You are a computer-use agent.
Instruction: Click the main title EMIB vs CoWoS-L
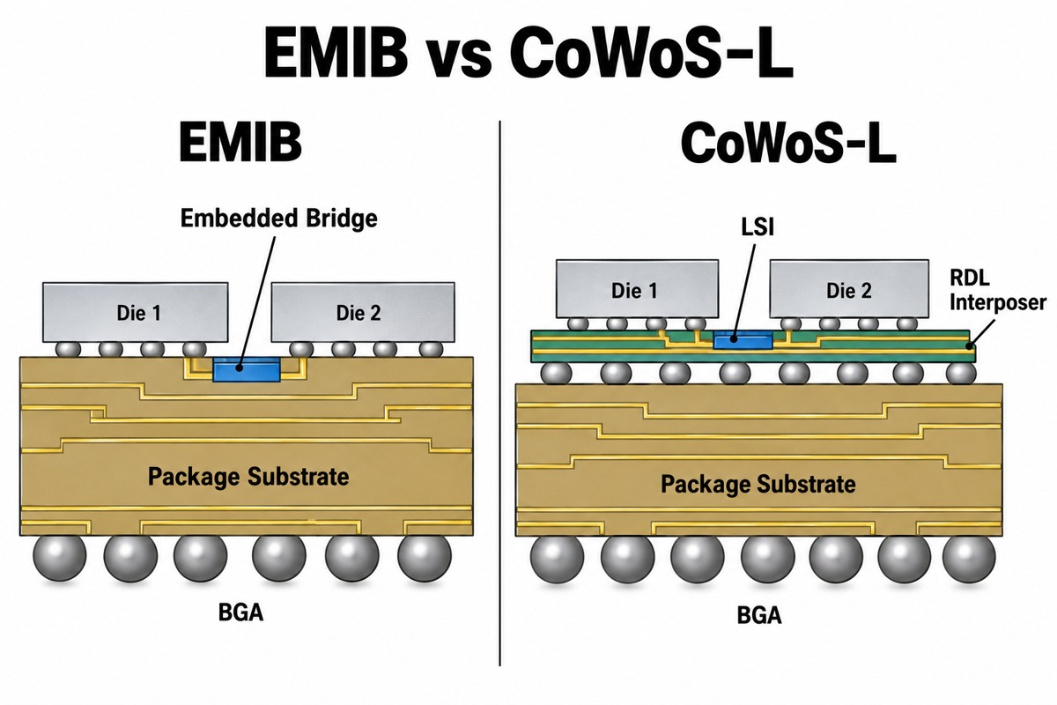tap(528, 52)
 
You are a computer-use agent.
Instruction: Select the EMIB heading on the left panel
tap(240, 142)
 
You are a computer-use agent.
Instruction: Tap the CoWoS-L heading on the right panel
tap(788, 142)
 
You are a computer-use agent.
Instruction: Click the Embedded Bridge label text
tap(279, 219)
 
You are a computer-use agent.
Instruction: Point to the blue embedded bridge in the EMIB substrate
tap(247, 369)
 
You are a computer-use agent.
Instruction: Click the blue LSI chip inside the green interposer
tap(743, 339)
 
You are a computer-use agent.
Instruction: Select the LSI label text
tap(758, 227)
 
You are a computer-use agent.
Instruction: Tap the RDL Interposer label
tap(997, 291)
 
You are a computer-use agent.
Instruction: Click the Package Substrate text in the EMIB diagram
tap(248, 477)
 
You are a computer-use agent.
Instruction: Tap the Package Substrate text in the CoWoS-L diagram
tap(758, 484)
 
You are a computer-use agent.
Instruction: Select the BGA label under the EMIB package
tap(240, 612)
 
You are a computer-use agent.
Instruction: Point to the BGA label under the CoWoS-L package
tap(759, 615)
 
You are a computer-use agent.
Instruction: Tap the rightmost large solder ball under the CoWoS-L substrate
tap(969, 558)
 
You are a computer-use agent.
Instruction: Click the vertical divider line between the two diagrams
tap(500, 393)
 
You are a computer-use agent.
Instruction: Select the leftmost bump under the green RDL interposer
tap(556, 374)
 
